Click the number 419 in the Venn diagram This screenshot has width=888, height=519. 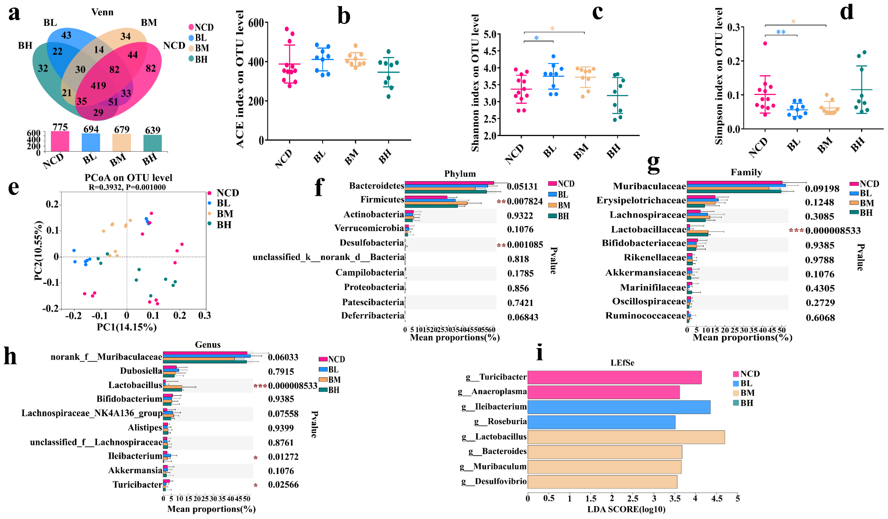pyautogui.click(x=98, y=86)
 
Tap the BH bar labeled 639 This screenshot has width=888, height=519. pyautogui.click(x=153, y=143)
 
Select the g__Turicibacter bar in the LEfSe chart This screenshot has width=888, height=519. pyautogui.click(x=614, y=377)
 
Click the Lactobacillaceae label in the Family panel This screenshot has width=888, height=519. pyautogui.click(x=648, y=230)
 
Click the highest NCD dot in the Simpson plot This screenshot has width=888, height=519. pyautogui.click(x=765, y=43)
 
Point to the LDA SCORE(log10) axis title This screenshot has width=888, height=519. pyautogui.click(x=626, y=509)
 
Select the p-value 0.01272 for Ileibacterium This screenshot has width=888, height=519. pyautogui.click(x=283, y=457)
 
